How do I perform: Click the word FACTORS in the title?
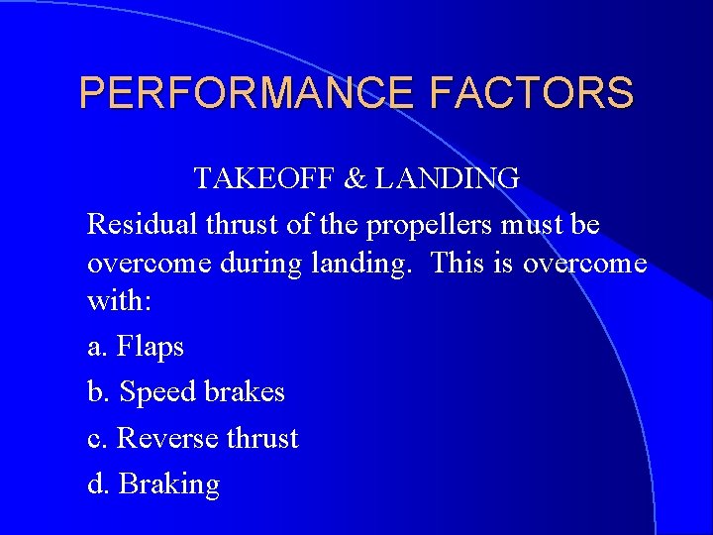532,93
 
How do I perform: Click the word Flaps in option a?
151,347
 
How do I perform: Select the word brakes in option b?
245,391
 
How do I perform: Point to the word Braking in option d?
169,484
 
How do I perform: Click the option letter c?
96,439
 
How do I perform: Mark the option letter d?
97,483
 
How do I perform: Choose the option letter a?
96,348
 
